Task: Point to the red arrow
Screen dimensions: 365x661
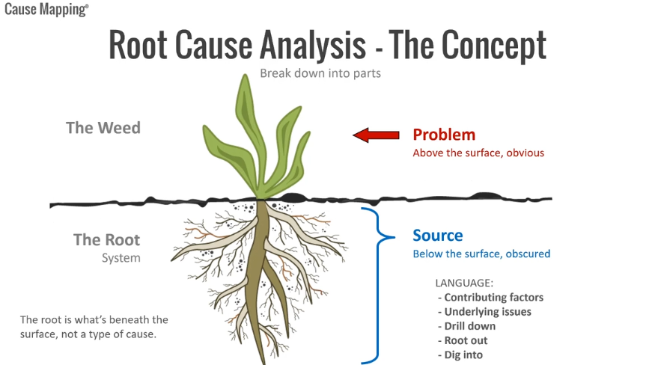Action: (x=376, y=135)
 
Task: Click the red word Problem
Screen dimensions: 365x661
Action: (x=444, y=135)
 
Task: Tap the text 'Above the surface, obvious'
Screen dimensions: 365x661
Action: (x=478, y=153)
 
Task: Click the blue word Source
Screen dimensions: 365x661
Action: (x=438, y=236)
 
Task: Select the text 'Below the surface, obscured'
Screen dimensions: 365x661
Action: (x=481, y=254)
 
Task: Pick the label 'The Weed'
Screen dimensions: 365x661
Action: (x=103, y=127)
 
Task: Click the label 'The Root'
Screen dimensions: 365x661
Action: (x=106, y=240)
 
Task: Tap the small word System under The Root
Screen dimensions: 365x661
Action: (x=121, y=258)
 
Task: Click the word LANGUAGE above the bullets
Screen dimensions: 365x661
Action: (x=464, y=283)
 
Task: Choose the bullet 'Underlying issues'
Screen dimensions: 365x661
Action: (x=487, y=311)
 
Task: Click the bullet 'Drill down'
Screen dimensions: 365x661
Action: (x=469, y=326)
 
